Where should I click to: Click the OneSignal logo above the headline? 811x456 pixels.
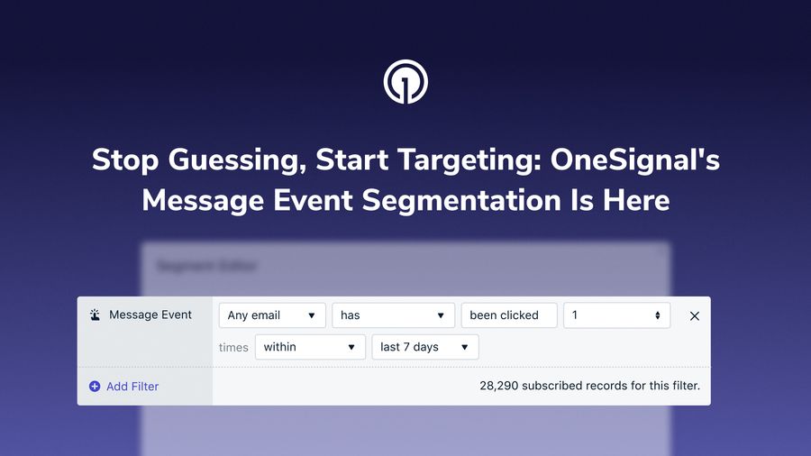(x=405, y=82)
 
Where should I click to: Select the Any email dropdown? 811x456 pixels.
(x=272, y=315)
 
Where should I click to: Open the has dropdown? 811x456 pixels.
(x=393, y=315)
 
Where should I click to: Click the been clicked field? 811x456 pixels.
(x=508, y=315)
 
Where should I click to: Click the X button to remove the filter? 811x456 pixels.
(x=695, y=316)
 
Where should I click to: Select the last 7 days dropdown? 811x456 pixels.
(x=424, y=347)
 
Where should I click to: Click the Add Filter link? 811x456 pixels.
(x=132, y=387)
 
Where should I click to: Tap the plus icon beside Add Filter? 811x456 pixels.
(x=95, y=387)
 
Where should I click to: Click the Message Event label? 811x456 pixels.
(x=150, y=315)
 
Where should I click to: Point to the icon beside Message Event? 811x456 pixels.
(x=95, y=315)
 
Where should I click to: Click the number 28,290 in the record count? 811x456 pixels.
(x=498, y=387)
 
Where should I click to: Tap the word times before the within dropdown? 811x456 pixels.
(x=233, y=348)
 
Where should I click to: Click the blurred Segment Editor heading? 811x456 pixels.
(x=207, y=267)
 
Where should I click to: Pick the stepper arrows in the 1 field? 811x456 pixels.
(x=658, y=315)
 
